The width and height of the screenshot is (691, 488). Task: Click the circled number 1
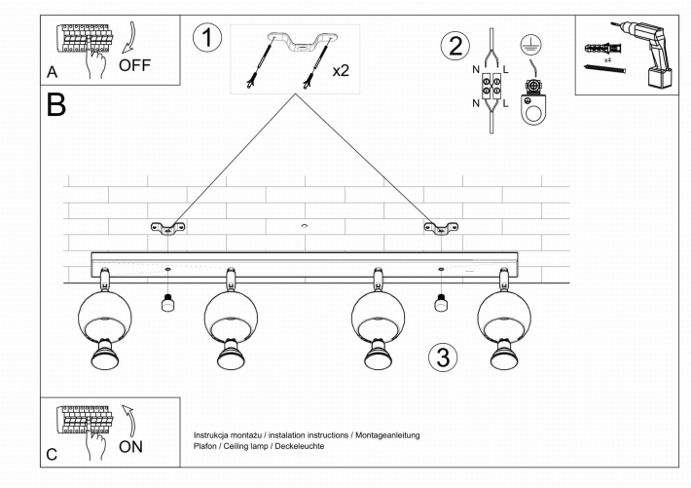207,38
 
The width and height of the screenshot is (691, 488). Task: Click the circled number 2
455,47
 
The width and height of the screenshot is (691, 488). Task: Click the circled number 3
443,357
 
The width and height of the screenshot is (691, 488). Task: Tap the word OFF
134,65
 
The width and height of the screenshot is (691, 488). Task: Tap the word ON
130,446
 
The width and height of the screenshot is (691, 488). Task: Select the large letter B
56,104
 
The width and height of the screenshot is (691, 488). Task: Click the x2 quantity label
341,70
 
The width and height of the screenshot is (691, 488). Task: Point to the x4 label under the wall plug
607,59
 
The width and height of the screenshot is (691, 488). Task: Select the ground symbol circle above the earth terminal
531,45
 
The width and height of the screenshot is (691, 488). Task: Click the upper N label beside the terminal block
476,70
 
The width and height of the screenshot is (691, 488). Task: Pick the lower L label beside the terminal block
505,103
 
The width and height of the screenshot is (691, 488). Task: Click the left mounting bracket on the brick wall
168,228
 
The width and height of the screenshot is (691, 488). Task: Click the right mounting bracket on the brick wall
441,228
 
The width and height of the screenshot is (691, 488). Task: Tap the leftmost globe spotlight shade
105,316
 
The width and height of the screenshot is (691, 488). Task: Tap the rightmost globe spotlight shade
504,316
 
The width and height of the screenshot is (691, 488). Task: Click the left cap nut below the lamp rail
167,303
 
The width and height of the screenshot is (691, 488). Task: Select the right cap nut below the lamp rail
441,303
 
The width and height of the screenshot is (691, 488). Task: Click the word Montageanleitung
387,435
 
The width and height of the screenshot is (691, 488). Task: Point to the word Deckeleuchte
299,446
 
